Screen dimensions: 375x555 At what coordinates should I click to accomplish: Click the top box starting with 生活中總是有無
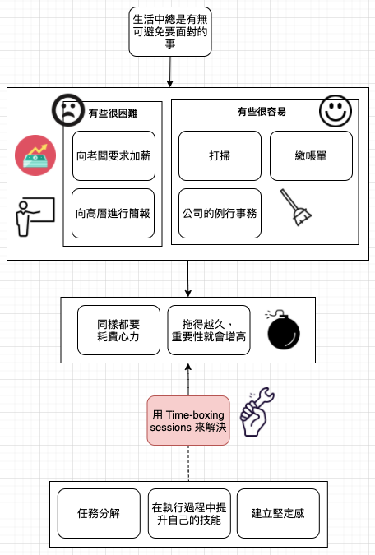tap(170, 31)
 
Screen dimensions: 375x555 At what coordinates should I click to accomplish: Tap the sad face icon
tap(68, 109)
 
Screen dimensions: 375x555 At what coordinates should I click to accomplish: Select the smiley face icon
tap(336, 111)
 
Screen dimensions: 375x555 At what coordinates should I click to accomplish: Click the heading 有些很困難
tap(113, 113)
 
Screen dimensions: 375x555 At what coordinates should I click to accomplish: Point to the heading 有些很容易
tap(262, 112)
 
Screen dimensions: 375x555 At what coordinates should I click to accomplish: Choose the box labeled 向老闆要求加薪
tap(113, 155)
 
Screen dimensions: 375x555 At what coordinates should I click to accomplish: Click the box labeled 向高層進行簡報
tap(113, 214)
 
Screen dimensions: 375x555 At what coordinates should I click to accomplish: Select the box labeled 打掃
tap(220, 155)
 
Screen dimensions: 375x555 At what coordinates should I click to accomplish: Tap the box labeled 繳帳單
tap(311, 155)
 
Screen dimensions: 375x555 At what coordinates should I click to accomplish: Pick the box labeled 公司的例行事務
tap(220, 214)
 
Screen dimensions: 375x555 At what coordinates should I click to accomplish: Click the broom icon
tap(296, 208)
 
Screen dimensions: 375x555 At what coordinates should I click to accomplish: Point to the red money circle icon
tap(35, 155)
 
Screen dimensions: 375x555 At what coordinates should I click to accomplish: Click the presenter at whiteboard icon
tap(35, 217)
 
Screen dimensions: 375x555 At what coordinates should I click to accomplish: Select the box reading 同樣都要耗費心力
tap(118, 331)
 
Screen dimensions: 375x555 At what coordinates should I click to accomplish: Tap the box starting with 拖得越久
tap(209, 331)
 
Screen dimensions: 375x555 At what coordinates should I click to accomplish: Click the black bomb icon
tap(283, 331)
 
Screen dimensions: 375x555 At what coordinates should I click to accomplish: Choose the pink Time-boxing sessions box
tap(188, 420)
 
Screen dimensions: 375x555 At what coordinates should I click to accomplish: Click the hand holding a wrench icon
tap(257, 412)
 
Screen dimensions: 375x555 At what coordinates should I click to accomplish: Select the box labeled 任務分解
tap(99, 514)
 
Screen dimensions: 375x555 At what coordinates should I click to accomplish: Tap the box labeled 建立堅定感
tap(278, 514)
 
